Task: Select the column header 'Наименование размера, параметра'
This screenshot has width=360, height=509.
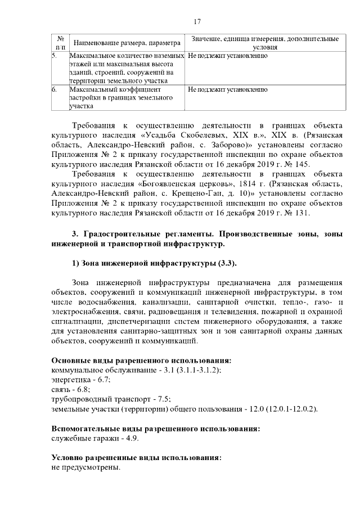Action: [127, 43]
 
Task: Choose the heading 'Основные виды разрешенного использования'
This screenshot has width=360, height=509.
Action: [142, 359]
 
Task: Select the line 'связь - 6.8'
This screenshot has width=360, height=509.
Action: [70, 389]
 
